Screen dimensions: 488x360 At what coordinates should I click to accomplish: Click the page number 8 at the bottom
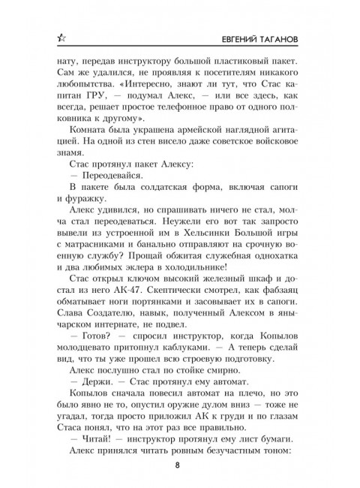tap(179, 464)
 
